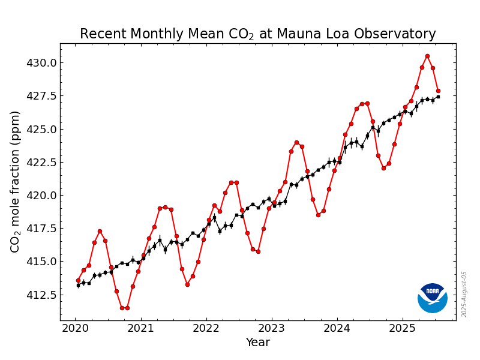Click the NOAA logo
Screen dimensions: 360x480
coord(433,298)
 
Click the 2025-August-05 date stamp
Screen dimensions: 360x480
coord(464,294)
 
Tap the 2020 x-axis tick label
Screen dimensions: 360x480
coord(76,328)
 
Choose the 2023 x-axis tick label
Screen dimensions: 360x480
coord(272,328)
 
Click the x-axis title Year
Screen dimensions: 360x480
coord(258,343)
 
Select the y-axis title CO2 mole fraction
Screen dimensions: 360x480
coord(16,181)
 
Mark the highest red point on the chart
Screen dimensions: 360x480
coord(427,56)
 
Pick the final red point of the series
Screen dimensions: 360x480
coord(438,91)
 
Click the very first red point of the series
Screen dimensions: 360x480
coord(78,280)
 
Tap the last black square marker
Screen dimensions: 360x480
coord(438,97)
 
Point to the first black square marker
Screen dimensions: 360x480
coord(78,285)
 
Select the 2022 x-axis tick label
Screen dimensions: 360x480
coord(206,328)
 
